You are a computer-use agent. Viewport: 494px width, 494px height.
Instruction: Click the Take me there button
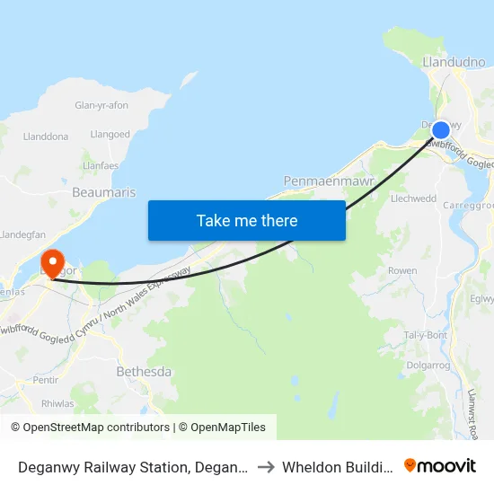[247, 220]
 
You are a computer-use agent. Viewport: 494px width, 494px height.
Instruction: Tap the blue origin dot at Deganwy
[440, 130]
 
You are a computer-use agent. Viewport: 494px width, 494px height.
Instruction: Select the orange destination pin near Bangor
[53, 261]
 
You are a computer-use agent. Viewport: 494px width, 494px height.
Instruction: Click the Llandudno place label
[454, 62]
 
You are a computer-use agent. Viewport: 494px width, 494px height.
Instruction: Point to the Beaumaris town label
[103, 192]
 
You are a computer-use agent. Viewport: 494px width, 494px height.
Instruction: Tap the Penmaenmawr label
[322, 181]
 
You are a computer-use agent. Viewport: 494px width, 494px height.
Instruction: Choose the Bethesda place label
[145, 371]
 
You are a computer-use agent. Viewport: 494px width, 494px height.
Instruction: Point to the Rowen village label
[402, 270]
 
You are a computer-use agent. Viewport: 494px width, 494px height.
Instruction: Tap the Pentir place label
[46, 381]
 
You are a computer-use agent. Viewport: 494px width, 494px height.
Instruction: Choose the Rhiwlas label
[57, 403]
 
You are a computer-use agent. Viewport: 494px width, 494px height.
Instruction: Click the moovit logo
[440, 465]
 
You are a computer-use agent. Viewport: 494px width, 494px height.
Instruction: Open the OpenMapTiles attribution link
[222, 428]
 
